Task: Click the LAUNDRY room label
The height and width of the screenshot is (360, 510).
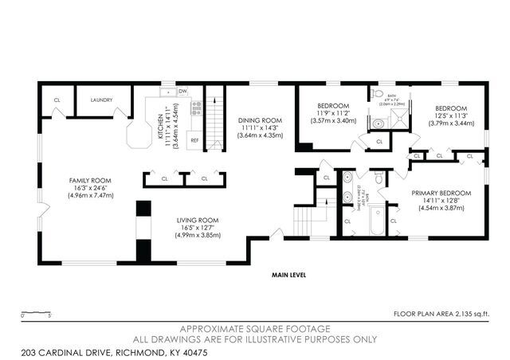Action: point(101,100)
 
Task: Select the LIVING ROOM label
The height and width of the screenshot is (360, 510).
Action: point(198,220)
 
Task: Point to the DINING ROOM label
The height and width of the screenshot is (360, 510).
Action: point(261,121)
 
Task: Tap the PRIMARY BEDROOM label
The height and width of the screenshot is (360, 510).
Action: point(441,193)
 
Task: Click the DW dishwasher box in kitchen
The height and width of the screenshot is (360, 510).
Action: point(183,91)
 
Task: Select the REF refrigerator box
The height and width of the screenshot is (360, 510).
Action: point(194,140)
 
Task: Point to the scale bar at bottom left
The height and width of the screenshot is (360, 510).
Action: point(37,311)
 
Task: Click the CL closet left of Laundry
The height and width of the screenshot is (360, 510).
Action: point(57,100)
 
